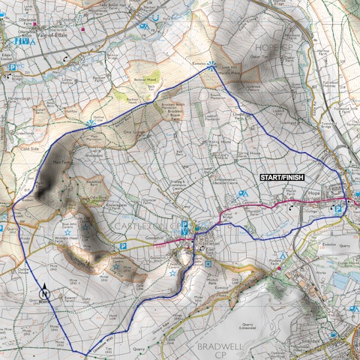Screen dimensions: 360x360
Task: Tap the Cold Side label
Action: tap(29, 148)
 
